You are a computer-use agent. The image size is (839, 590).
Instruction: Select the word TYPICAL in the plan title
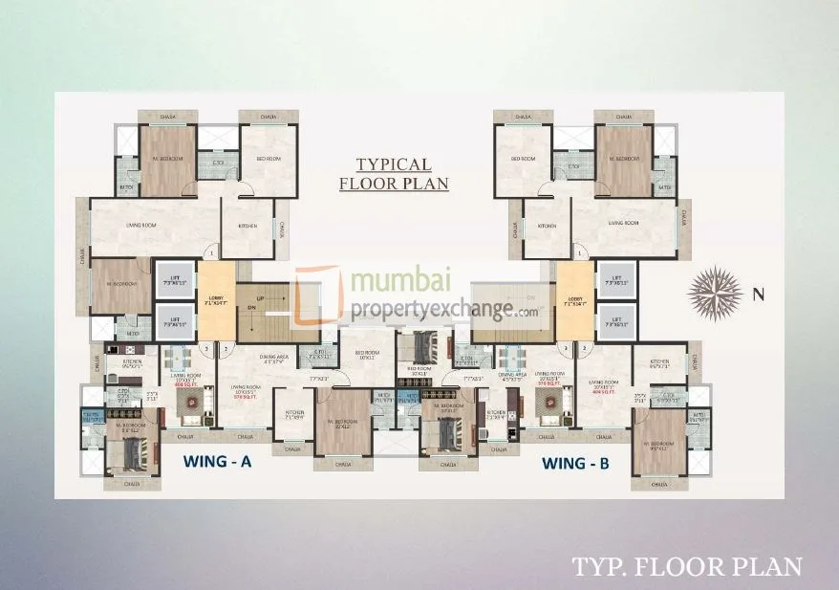pos(393,164)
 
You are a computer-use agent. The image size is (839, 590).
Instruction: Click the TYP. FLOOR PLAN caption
pos(686,566)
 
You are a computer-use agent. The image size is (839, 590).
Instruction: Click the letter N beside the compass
pos(759,295)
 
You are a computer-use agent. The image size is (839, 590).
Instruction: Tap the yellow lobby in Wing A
pos(215,301)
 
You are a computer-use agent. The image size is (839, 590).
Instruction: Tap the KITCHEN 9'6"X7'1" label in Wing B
pos(659,363)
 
